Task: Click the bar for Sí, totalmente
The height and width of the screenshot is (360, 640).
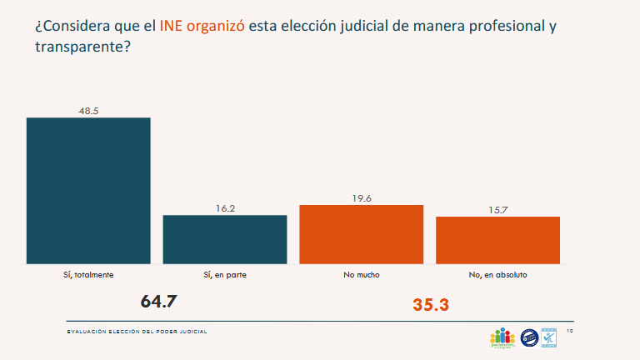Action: coord(88,190)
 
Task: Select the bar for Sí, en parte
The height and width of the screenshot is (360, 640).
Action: coord(225,239)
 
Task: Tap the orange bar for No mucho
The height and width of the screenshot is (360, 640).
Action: coord(362,234)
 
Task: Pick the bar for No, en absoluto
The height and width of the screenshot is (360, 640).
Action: coord(497,240)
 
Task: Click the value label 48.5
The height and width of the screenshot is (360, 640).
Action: coord(89,111)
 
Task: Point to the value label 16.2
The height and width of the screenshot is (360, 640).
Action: coord(225,208)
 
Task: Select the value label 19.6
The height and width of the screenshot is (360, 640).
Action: coord(362,198)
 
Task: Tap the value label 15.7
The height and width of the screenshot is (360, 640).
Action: coord(498,209)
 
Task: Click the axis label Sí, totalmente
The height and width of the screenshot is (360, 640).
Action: coord(89,274)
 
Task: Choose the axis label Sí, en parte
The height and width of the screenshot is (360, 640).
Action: coord(225,274)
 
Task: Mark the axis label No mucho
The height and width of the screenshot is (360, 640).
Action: coord(362,274)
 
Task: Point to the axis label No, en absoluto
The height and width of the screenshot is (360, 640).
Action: coord(498,274)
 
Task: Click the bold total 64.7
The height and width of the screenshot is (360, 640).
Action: coord(159,301)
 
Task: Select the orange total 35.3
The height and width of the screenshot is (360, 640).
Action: coord(431,305)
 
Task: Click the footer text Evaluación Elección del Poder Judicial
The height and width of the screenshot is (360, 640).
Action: coord(137,332)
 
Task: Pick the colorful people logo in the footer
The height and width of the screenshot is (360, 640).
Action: coord(502,337)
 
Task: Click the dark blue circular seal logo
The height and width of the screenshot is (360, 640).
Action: coord(528,337)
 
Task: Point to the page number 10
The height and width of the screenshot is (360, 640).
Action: coord(569,331)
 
